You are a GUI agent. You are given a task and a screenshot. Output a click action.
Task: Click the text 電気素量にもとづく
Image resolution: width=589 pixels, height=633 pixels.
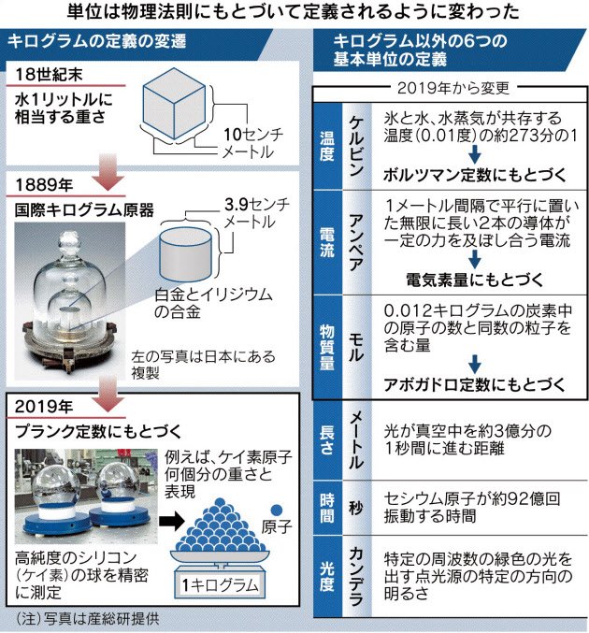pyautogui.click(x=448, y=279)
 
